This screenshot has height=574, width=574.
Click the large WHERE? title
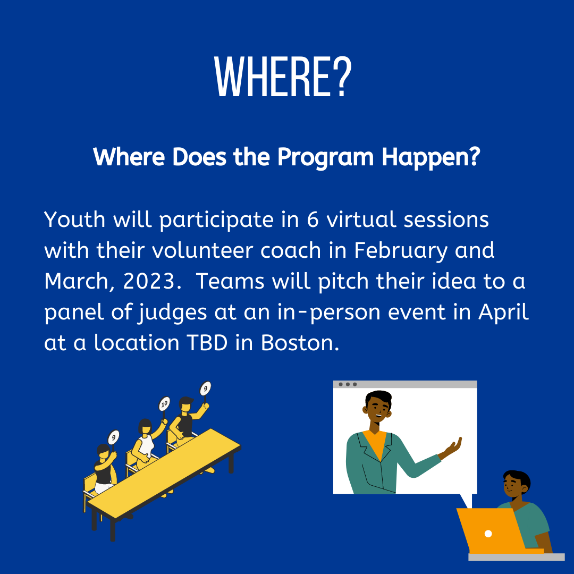tap(283, 77)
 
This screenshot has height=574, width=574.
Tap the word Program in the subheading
tap(325, 157)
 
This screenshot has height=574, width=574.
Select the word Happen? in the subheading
tap(431, 157)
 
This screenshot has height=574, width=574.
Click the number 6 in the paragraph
tap(313, 220)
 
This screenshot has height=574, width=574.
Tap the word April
tap(504, 313)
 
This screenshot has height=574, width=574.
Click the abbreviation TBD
tap(207, 343)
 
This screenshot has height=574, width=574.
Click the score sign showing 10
tap(164, 404)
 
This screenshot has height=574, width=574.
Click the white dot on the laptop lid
tap(488, 534)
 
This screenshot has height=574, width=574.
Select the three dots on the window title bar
tap(348, 384)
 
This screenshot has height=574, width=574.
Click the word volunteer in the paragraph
tap(202, 251)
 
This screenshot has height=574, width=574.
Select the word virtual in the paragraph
tap(361, 220)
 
